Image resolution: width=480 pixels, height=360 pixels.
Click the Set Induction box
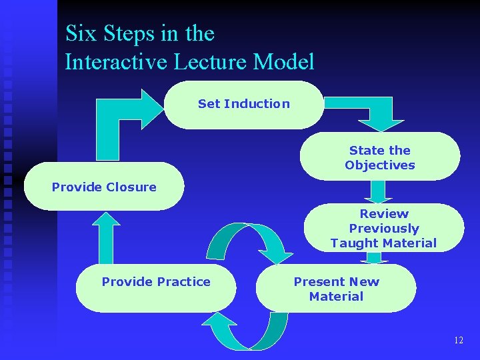(x=243, y=104)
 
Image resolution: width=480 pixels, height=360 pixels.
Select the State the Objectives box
(x=379, y=157)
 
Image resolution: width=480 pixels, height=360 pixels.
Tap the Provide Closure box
(x=104, y=187)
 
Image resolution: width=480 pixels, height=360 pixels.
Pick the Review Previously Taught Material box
(x=383, y=228)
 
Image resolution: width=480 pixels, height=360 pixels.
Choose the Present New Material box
(x=336, y=289)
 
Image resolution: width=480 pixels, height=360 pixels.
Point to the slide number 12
(x=458, y=340)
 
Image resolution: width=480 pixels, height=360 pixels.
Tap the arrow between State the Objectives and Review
(x=378, y=191)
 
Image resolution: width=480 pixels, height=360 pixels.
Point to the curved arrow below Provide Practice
(x=247, y=330)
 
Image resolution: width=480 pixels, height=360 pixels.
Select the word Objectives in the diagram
(x=379, y=165)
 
